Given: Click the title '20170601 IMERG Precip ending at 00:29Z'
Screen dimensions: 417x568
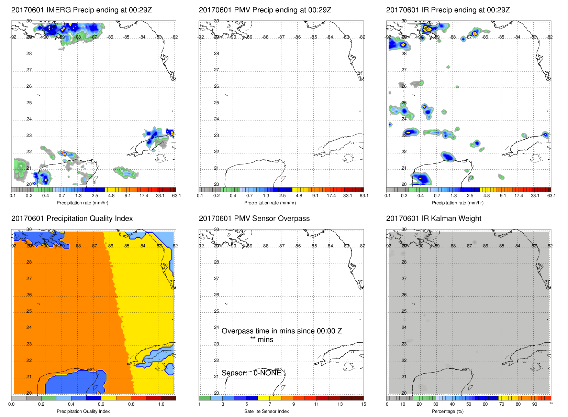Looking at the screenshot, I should pyautogui.click(x=81, y=10).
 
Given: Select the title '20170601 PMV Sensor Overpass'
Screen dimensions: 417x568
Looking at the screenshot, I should pyautogui.click(x=254, y=218).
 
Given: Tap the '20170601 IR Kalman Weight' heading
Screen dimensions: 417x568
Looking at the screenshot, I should pyautogui.click(x=433, y=218).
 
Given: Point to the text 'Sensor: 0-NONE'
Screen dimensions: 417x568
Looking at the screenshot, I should pyautogui.click(x=251, y=373).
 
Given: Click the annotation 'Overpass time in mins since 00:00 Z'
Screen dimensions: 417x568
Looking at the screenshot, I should pyautogui.click(x=281, y=331).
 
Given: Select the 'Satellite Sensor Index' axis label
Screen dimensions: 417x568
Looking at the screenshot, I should pyautogui.click(x=266, y=411).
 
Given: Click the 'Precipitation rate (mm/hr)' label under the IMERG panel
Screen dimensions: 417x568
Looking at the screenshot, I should pyautogui.click(x=82, y=203).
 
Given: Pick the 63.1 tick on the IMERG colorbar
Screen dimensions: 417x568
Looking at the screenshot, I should pyautogui.click(x=176, y=196).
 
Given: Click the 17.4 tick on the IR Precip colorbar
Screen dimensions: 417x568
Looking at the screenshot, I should pyautogui.click(x=519, y=196).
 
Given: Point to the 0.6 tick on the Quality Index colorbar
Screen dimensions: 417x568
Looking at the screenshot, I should pyautogui.click(x=101, y=404).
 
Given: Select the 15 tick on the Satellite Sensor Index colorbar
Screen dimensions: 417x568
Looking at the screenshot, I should pyautogui.click(x=364, y=404).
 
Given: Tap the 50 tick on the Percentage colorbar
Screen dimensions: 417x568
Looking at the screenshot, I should pyautogui.click(x=469, y=404).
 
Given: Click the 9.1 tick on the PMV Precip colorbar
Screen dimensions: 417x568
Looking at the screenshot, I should pyautogui.click(x=315, y=196).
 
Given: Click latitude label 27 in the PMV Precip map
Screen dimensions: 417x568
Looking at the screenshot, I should pyautogui.click(x=216, y=70).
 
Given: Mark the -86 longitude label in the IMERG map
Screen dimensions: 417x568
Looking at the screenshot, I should pyautogui.click(x=110, y=37).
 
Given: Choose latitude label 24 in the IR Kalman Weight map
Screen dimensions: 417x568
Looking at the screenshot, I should pyautogui.click(x=404, y=328).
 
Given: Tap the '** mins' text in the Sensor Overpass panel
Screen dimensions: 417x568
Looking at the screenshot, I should pyautogui.click(x=261, y=340).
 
